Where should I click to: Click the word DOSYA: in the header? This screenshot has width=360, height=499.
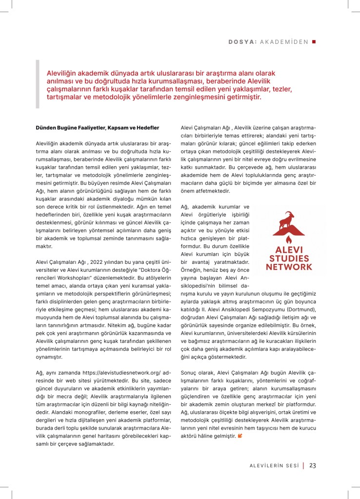(x=242, y=41)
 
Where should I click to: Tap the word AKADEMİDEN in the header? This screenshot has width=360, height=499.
(x=284, y=41)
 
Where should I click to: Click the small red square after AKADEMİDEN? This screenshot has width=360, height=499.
(x=314, y=41)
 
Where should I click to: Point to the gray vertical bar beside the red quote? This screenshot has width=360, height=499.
(x=38, y=84)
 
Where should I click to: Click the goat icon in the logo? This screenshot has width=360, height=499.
(x=289, y=221)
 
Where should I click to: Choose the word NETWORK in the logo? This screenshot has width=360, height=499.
(x=289, y=267)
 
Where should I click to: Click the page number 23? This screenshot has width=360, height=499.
(x=313, y=465)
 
